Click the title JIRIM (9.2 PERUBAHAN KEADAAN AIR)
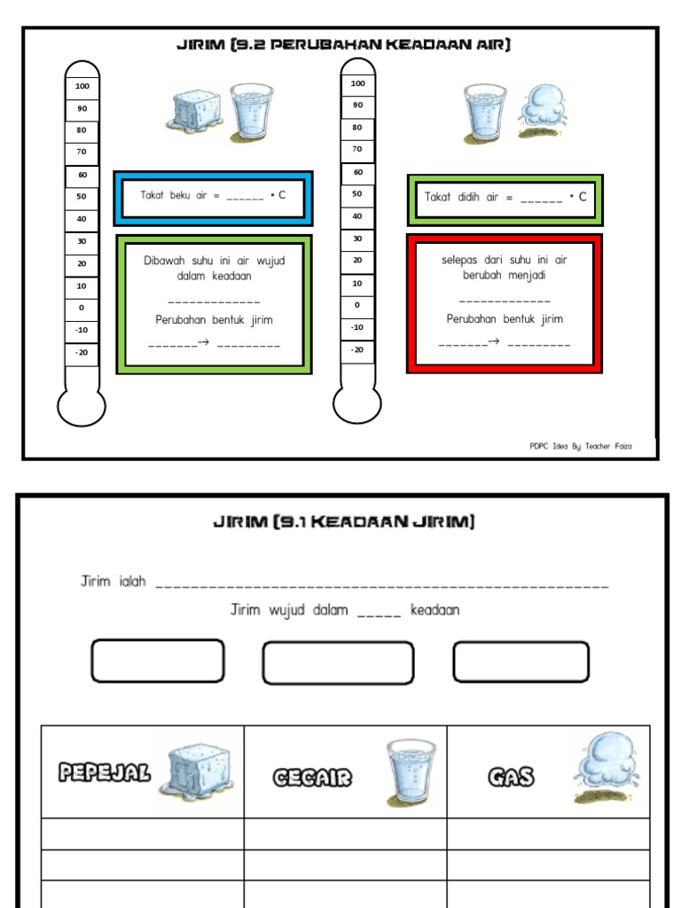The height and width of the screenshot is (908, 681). (x=343, y=44)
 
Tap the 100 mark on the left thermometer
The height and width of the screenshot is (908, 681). (x=82, y=87)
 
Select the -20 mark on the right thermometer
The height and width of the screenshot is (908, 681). (x=357, y=349)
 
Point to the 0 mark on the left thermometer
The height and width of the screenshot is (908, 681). (x=82, y=308)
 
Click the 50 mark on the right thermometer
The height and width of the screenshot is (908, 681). (x=357, y=193)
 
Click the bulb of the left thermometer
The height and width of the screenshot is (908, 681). (x=82, y=406)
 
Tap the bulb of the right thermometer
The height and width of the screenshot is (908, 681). (x=357, y=405)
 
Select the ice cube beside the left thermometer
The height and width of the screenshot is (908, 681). (x=196, y=113)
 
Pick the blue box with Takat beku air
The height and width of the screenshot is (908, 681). (x=213, y=197)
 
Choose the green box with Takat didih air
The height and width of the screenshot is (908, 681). (x=505, y=199)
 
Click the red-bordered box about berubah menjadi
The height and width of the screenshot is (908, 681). (x=505, y=303)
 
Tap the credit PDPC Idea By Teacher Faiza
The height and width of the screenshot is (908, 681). (x=581, y=447)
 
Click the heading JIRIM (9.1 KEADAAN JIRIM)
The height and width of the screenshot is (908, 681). (x=344, y=522)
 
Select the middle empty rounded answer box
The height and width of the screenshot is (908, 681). (x=338, y=662)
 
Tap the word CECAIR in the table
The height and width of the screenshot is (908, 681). (x=312, y=779)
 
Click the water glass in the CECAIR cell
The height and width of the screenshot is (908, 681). (x=411, y=771)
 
